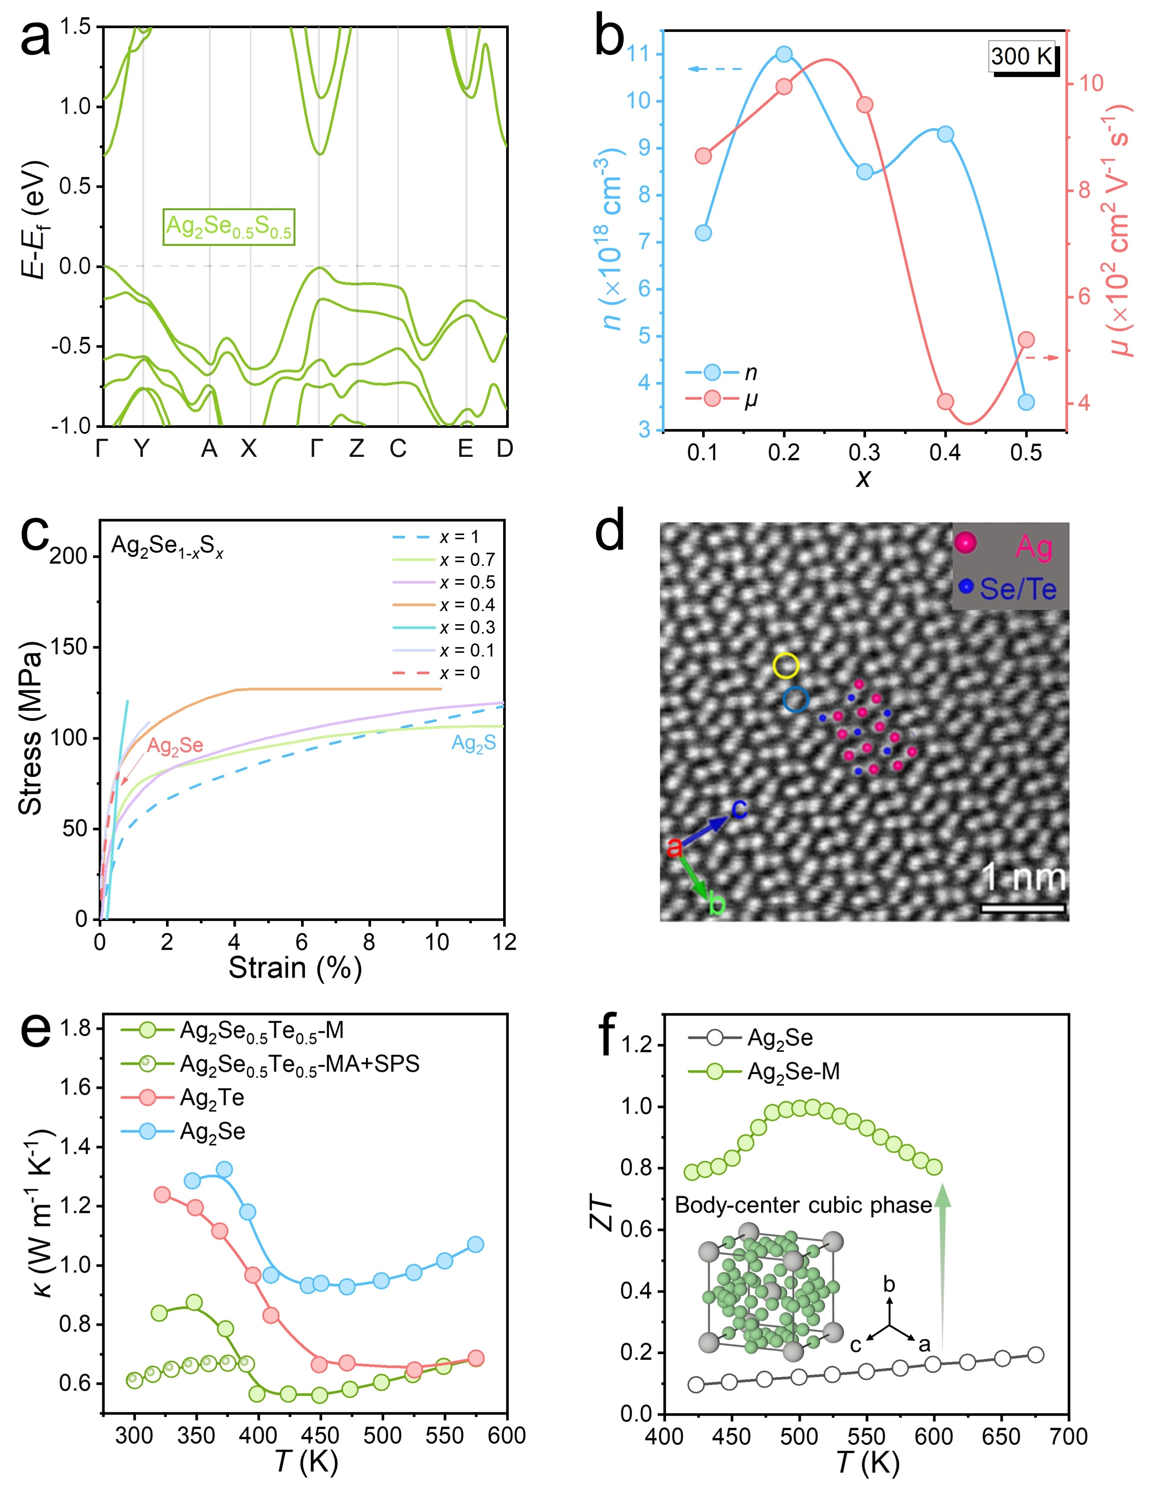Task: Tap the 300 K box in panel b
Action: (1021, 55)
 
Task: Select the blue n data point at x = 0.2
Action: (784, 54)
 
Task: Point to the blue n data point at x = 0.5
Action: (1025, 402)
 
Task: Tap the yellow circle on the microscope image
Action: (786, 664)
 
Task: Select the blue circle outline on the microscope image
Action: (796, 699)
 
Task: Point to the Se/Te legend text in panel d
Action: (1018, 589)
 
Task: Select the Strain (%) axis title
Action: (295, 968)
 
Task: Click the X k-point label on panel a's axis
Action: (249, 449)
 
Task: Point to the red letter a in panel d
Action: (674, 848)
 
